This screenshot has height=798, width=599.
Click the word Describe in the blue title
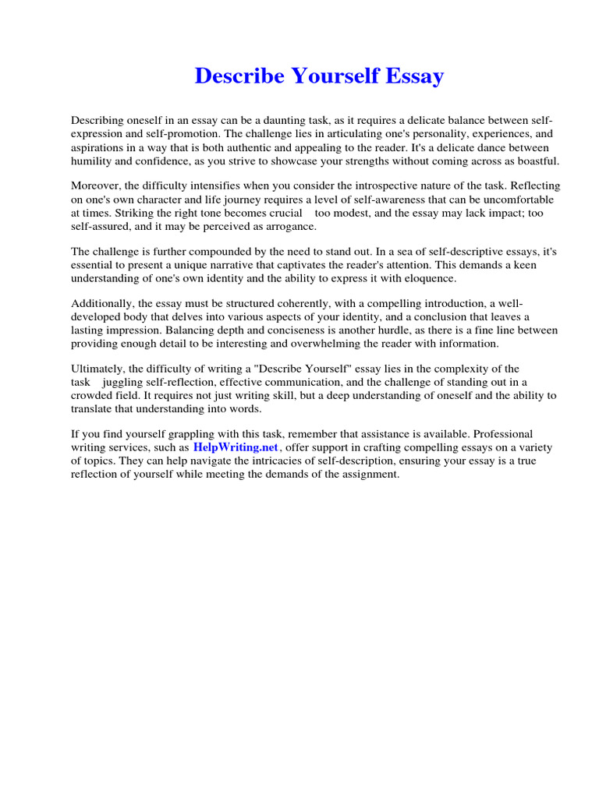coord(236,76)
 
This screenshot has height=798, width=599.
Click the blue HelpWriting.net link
coord(236,448)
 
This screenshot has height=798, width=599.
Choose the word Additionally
coord(101,304)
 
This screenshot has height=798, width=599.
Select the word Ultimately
coord(97,369)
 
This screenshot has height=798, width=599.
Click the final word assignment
coord(366,474)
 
